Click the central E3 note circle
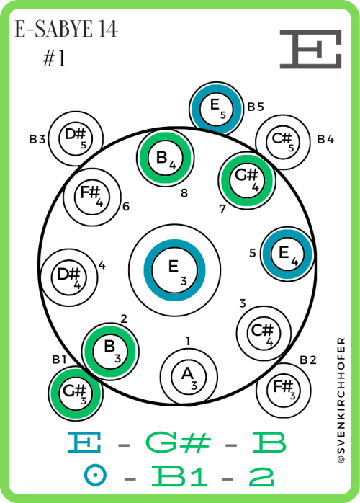pyautogui.click(x=174, y=270)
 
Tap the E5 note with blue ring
pyautogui.click(x=217, y=109)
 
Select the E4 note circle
pyautogui.click(x=287, y=254)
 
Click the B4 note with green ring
pyautogui.click(x=166, y=158)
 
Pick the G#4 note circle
pyautogui.click(x=247, y=180)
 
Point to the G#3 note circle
pyautogui.click(x=76, y=393)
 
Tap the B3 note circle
pyautogui.click(x=110, y=352)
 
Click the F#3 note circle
pyautogui.click(x=284, y=391)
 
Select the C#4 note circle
pyautogui.click(x=264, y=334)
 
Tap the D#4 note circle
pyautogui.click(x=69, y=277)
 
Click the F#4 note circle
pyautogui.click(x=92, y=197)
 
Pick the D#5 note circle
pyautogui.click(x=76, y=138)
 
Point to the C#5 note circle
pyautogui.click(x=283, y=141)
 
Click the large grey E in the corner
pyautogui.click(x=310, y=49)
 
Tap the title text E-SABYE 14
pyautogui.click(x=66, y=30)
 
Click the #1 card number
pyautogui.click(x=54, y=58)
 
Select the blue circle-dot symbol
pyautogui.click(x=96, y=476)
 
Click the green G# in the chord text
pyautogui.click(x=179, y=442)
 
